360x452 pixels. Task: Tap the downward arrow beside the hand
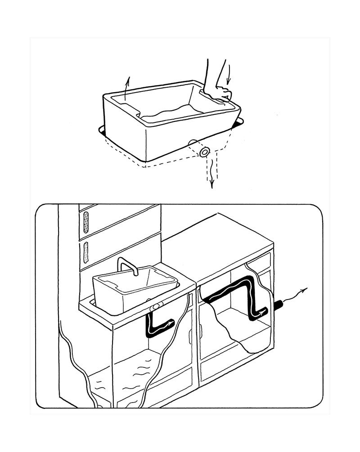(230, 74)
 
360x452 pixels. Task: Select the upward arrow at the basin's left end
(127, 88)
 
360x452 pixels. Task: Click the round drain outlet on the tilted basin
(205, 152)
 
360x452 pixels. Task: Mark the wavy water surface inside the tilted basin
(171, 112)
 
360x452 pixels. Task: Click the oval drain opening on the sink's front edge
(156, 306)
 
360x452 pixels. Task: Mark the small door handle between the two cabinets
(191, 335)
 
